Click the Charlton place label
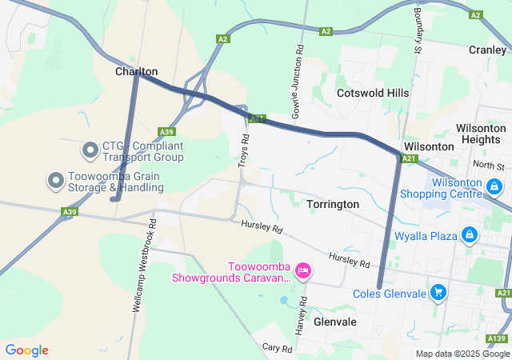(136, 71)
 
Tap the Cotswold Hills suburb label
(373, 93)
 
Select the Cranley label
(487, 50)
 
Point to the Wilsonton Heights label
(480, 134)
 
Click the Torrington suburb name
(333, 205)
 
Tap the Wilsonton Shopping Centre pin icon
(495, 186)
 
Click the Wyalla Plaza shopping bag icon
(470, 235)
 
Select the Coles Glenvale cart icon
(438, 293)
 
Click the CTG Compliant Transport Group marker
(90, 150)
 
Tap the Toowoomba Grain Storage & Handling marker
(56, 181)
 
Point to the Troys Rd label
(244, 150)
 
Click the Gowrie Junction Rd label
(297, 82)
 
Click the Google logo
(27, 350)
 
